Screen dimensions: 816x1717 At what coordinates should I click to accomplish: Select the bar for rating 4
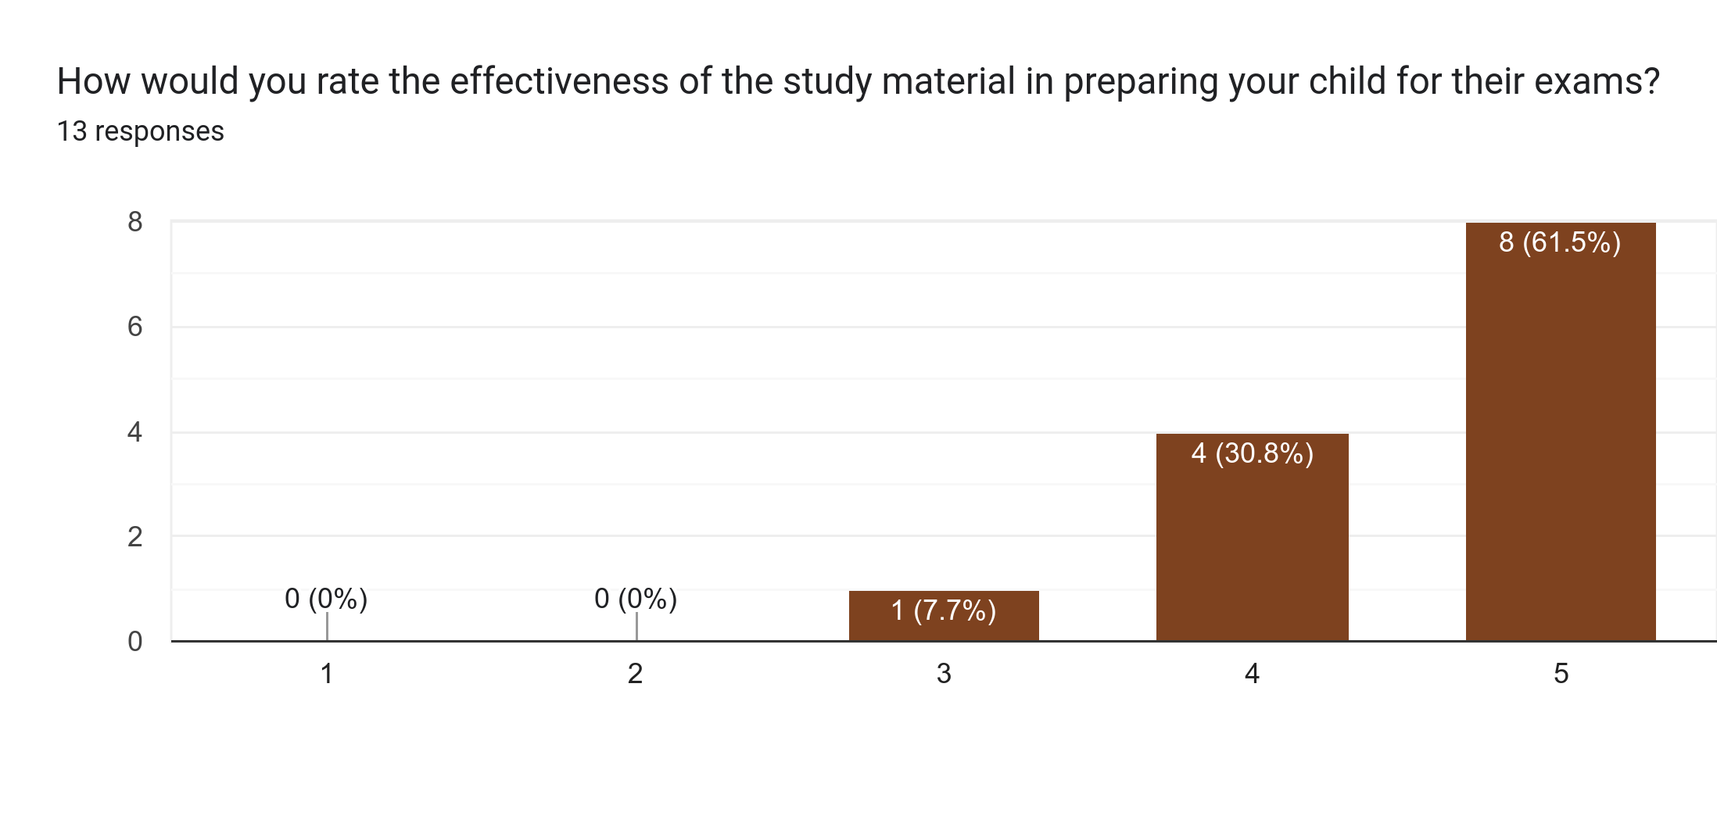click(x=1252, y=547)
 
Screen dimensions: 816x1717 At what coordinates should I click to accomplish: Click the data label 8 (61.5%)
click(x=1560, y=242)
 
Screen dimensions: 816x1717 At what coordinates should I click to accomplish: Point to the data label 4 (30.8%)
click(x=1252, y=453)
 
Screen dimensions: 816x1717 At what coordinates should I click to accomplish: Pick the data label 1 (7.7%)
click(x=944, y=610)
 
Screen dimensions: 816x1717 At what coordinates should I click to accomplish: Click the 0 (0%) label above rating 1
click(x=326, y=599)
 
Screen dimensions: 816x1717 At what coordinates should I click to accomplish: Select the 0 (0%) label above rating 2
click(x=636, y=599)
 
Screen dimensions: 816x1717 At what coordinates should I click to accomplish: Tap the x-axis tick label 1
click(x=327, y=674)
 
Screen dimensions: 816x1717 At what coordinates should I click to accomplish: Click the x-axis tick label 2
click(x=635, y=674)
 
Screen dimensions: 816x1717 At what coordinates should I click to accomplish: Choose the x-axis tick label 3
click(x=944, y=674)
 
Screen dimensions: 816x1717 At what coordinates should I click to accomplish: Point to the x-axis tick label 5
click(x=1561, y=674)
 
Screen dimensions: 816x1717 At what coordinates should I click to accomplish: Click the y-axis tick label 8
click(x=135, y=223)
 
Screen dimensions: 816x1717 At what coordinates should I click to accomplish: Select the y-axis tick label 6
click(x=135, y=327)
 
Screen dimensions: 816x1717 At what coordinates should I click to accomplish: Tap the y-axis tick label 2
click(x=135, y=537)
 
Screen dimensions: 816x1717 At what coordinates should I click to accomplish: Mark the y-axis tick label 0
click(x=135, y=642)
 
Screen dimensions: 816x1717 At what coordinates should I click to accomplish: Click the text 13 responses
click(x=141, y=131)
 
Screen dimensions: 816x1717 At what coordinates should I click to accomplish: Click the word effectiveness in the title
click(x=559, y=81)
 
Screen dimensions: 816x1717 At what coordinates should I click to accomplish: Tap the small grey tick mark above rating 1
click(x=327, y=626)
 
